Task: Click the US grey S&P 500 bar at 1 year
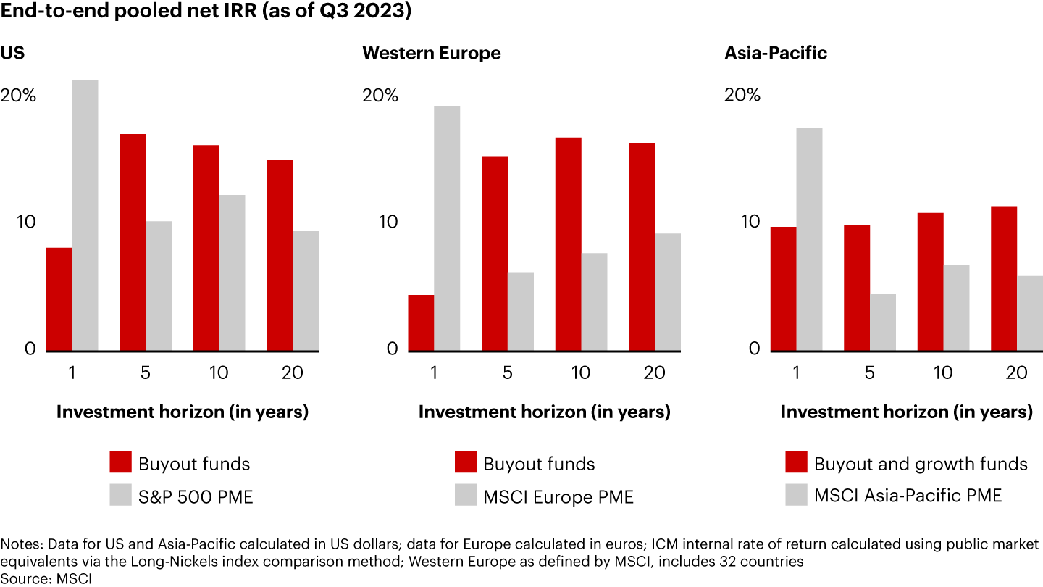click(x=85, y=215)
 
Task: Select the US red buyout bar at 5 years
click(x=133, y=243)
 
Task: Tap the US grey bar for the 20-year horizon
click(x=306, y=291)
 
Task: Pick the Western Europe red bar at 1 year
click(x=422, y=322)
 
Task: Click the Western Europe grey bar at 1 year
click(x=448, y=228)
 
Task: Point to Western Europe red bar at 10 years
click(x=568, y=244)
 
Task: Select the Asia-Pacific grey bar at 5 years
click(x=883, y=322)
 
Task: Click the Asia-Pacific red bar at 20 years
click(x=1004, y=278)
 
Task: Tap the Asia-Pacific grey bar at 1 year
click(x=810, y=239)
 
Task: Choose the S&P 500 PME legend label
click(x=196, y=496)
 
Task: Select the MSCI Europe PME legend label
click(x=558, y=496)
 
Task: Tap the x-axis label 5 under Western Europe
click(x=507, y=373)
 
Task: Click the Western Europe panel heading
click(x=430, y=54)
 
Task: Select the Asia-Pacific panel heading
click(x=776, y=54)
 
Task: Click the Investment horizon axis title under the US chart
click(x=183, y=412)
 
